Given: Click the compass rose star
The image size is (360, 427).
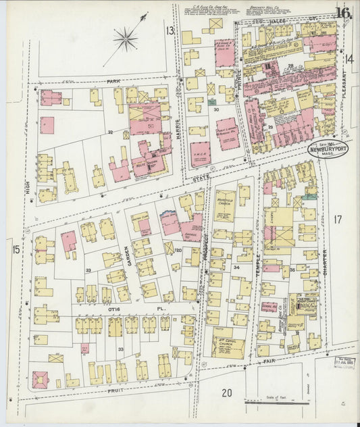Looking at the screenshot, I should (126, 39).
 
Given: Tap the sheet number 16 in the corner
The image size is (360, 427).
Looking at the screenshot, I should (342, 13).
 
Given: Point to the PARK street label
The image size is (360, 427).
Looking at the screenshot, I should (112, 81).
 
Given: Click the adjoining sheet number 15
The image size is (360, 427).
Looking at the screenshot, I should (16, 251).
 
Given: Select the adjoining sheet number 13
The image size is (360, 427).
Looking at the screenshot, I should (170, 30).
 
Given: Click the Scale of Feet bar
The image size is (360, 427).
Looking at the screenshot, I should (277, 401).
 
